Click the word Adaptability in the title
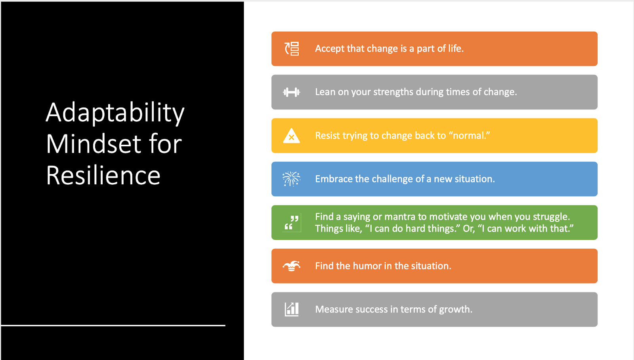tap(115, 113)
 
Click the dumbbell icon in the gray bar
tap(291, 92)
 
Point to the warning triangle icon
tap(291, 136)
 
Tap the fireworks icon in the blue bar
tap(291, 179)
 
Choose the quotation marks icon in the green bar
tap(292, 223)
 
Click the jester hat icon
tap(291, 266)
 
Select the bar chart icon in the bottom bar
tap(292, 309)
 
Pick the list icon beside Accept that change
tap(292, 49)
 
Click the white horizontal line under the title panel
tap(113, 326)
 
